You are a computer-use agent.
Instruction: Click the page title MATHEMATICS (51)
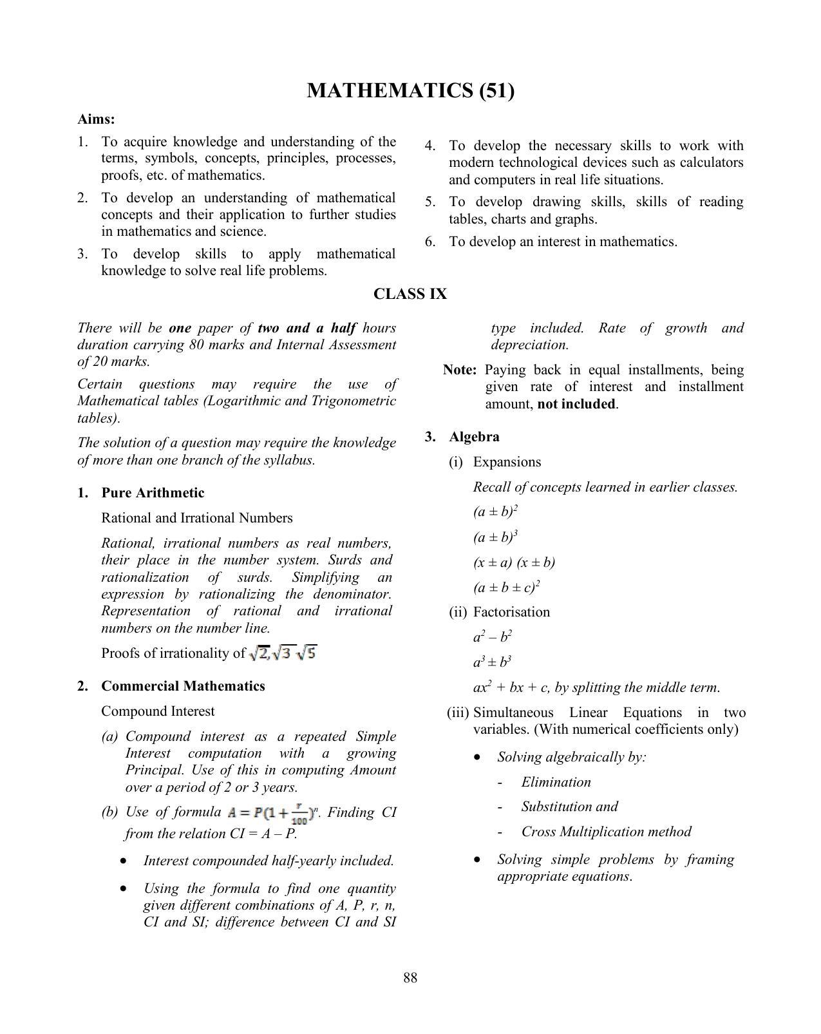coord(410,91)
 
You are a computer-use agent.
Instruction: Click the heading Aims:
coord(96,119)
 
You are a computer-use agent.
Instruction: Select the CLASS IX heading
coord(410,294)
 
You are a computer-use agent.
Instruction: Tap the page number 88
coord(410,978)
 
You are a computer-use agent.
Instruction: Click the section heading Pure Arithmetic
coord(153,493)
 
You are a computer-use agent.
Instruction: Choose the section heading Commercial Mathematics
coord(183,686)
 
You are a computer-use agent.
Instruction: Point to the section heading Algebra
coord(474,437)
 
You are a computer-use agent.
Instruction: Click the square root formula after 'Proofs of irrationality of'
coord(283,653)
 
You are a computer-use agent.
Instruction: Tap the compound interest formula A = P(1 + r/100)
coord(273,814)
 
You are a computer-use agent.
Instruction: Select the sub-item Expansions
coord(507,462)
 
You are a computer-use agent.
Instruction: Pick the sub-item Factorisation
coord(511,612)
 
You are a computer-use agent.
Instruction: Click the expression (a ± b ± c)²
coord(506,588)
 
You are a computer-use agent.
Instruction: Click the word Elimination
coord(556,782)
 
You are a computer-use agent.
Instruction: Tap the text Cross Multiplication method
coord(606,832)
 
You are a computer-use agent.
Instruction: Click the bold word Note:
coord(460,370)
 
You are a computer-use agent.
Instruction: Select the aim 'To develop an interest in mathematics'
coord(563,242)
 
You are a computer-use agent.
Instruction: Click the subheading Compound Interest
coord(158,711)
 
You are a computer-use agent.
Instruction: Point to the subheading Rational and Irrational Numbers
coord(196,518)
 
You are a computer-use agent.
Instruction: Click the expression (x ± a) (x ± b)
coord(514,562)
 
